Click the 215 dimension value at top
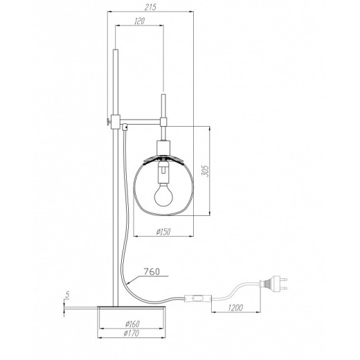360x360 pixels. pos(150,7)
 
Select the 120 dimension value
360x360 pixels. pos(139,21)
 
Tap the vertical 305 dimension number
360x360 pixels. pos(205,171)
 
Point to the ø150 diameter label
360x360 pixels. pos(163,231)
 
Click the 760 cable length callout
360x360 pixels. pos(152,271)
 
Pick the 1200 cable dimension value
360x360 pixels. pos(235,307)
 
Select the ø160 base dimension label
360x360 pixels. pos(132,324)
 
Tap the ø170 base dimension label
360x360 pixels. pos(132,333)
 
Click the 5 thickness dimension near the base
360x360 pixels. pos(67,294)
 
